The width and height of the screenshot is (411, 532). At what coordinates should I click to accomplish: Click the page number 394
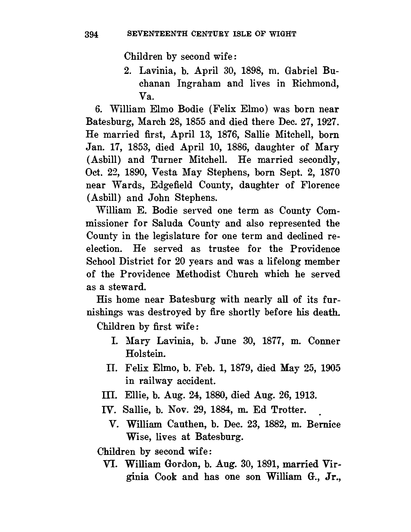click(91, 35)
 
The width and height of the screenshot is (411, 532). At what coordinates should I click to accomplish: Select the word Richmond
click(317, 84)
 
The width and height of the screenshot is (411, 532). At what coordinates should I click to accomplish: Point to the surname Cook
click(166, 477)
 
